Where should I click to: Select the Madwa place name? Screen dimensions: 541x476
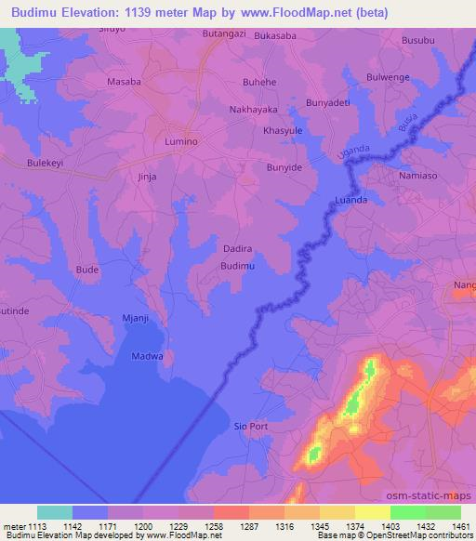(x=147, y=356)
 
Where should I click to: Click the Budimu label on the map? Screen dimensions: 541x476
(x=237, y=266)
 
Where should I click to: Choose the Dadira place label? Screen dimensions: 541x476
(x=239, y=249)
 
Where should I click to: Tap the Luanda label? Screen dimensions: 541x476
(x=350, y=200)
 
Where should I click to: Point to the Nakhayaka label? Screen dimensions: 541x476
(x=253, y=109)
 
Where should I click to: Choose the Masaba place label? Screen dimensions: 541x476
(x=124, y=82)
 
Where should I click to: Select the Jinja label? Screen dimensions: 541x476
(x=147, y=176)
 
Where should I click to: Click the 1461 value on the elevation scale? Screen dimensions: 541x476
(x=461, y=527)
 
